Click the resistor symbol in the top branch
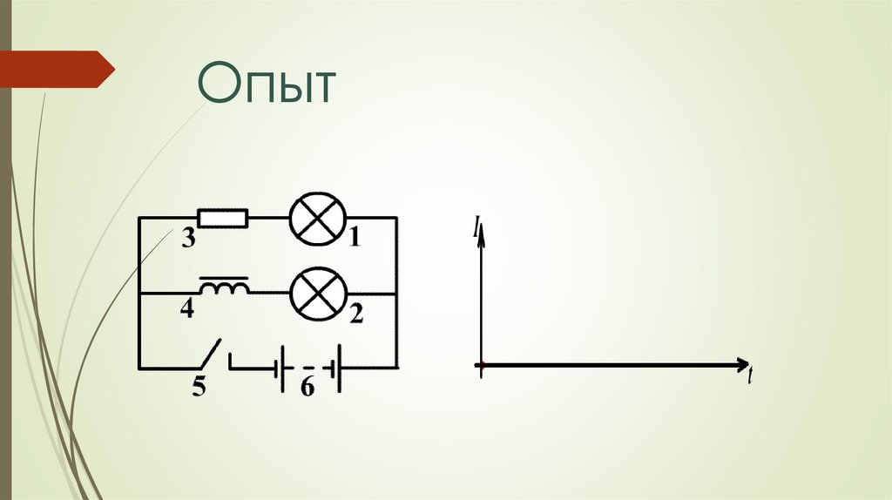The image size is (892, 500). pos(223,218)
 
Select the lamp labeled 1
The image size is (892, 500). pos(318,218)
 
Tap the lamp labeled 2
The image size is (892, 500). pos(318,294)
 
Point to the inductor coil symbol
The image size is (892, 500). pos(225,287)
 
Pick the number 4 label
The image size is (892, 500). pos(188,309)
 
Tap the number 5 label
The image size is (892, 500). pos(199,387)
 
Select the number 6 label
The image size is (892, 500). pos(307,388)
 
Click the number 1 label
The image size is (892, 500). pos(355,237)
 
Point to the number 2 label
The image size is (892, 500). pos(356,314)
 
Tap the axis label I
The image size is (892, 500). pos(476,228)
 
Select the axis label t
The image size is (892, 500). pos(749,377)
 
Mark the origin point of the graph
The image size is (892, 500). pos(480,365)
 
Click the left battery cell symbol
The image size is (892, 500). pos(280,368)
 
